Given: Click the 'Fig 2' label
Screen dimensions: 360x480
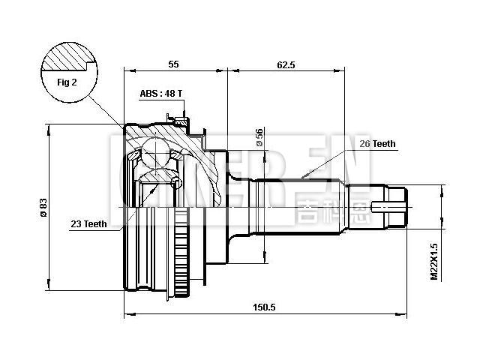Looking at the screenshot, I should click(68, 82).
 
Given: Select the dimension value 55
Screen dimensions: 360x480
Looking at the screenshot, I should click(173, 65).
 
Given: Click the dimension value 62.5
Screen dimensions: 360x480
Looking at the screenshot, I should click(286, 65).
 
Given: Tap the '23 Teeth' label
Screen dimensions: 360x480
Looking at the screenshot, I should click(88, 224).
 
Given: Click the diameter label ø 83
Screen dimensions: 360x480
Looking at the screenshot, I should click(43, 207).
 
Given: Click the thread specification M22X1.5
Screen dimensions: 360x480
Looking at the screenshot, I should click(434, 260).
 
